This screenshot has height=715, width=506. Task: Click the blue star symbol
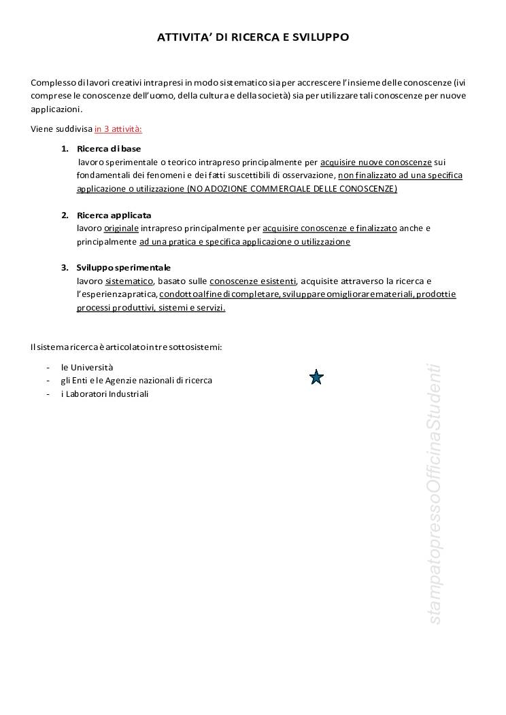point(316,377)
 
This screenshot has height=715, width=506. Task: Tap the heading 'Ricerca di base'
point(109,148)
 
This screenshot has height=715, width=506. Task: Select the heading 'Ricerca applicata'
point(114,215)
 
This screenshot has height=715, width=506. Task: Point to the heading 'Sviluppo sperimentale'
point(124,267)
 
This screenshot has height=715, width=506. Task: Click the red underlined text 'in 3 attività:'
point(118,128)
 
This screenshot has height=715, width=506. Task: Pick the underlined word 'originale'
point(121,228)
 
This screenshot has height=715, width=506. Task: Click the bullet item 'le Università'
point(87,367)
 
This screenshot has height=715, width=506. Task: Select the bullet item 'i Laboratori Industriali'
point(105,394)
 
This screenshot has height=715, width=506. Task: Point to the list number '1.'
point(65,148)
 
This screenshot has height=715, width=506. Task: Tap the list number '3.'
point(65,267)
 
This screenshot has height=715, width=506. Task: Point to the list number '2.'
point(65,215)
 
